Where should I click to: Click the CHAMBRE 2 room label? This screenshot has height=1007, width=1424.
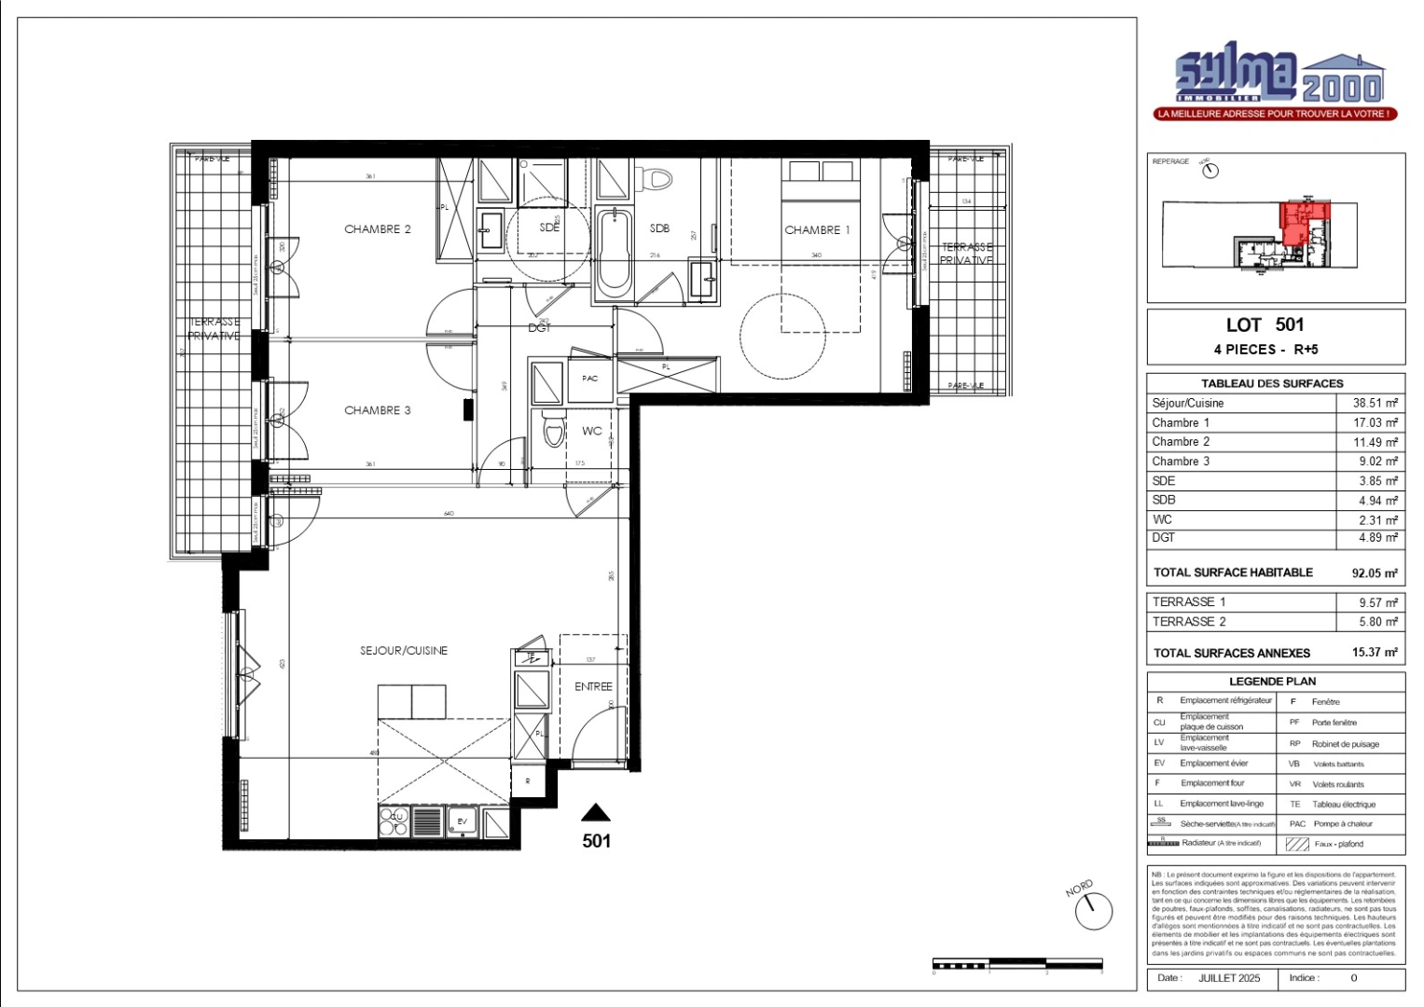(377, 229)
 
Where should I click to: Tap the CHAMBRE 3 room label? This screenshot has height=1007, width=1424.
(377, 410)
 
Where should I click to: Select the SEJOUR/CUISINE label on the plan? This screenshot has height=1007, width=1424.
(404, 651)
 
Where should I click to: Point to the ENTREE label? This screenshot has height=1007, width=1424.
(593, 686)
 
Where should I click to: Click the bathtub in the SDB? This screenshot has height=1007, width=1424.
(614, 255)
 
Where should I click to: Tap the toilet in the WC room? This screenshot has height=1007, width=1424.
(554, 432)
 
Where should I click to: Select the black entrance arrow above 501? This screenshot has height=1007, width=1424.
(596, 812)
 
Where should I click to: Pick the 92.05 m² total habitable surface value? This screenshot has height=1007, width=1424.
(1375, 573)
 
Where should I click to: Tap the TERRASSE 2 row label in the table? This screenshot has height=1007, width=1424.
(1189, 622)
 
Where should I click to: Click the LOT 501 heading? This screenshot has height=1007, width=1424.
(1265, 325)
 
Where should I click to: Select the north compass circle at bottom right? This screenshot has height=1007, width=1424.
(1093, 911)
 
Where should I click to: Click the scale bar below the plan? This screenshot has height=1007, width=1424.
(1017, 963)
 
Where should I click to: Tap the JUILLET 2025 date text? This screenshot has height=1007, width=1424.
(1228, 978)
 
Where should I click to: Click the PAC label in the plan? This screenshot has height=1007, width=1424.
(589, 379)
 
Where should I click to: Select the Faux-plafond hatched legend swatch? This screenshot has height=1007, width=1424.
(1297, 845)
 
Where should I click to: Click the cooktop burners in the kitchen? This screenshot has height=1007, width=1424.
(394, 821)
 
